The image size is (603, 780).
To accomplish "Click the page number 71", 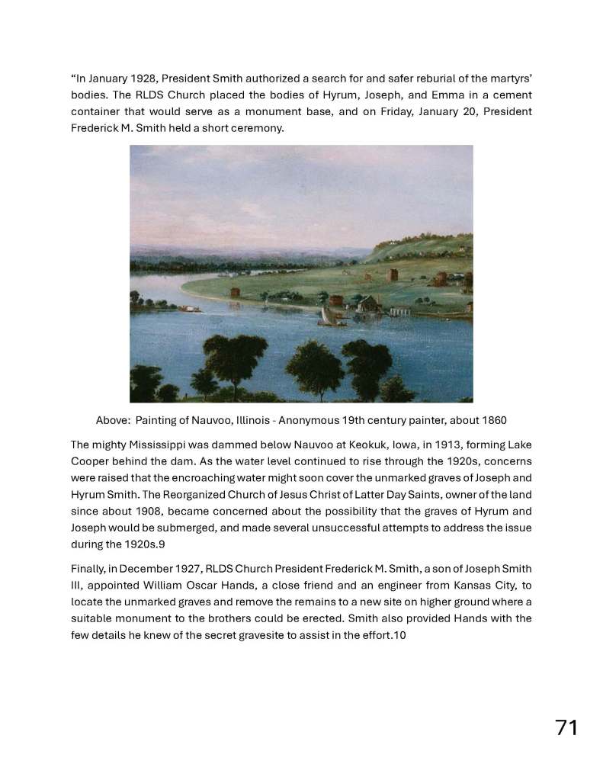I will click(566, 727).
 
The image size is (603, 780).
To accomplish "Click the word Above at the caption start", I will click(111, 420).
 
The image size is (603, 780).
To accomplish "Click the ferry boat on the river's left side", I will click(189, 308).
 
